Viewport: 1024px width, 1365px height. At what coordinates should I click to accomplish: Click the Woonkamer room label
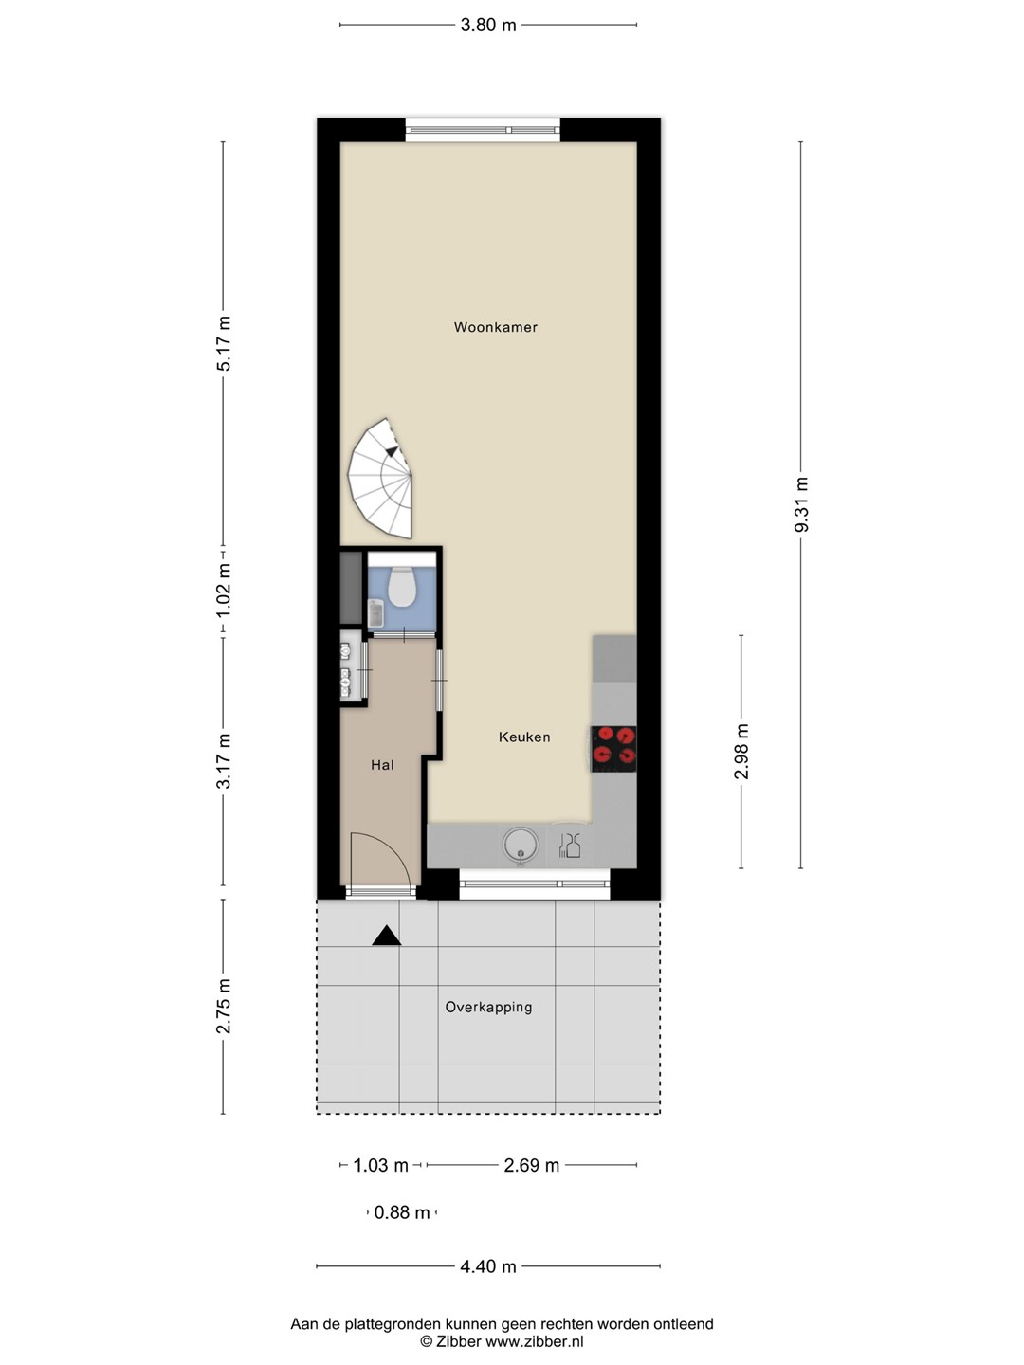coord(496,327)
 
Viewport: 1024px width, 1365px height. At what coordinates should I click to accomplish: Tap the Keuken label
coord(524,737)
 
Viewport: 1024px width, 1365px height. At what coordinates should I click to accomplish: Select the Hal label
coord(382,765)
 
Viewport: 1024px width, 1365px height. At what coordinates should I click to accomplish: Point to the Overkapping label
coord(488,1007)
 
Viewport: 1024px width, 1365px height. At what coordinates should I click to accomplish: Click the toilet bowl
coord(402,587)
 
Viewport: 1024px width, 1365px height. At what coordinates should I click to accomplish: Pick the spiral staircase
coord(380,478)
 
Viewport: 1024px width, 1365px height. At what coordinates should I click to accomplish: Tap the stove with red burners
coord(613,749)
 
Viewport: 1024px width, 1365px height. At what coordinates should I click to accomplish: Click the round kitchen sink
coord(520,846)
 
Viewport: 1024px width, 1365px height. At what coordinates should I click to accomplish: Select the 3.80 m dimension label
coord(488,25)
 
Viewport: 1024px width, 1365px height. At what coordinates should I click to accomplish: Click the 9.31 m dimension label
coord(801,504)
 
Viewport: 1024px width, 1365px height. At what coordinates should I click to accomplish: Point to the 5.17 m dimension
coord(223,343)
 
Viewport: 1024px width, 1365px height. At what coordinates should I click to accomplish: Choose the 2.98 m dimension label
coord(741,751)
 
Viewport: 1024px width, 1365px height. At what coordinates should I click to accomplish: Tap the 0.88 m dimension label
coord(402,1212)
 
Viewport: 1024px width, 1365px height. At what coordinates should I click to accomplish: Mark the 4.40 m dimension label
coord(488,1266)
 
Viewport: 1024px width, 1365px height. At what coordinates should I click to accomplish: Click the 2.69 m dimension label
coord(532,1165)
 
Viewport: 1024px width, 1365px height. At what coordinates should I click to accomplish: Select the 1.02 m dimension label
coord(223,591)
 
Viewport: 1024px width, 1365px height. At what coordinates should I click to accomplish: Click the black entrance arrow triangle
coord(387,936)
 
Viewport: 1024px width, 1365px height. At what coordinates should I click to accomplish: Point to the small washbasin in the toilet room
coord(376,614)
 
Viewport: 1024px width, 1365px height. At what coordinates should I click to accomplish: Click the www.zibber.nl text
coord(534,1341)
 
